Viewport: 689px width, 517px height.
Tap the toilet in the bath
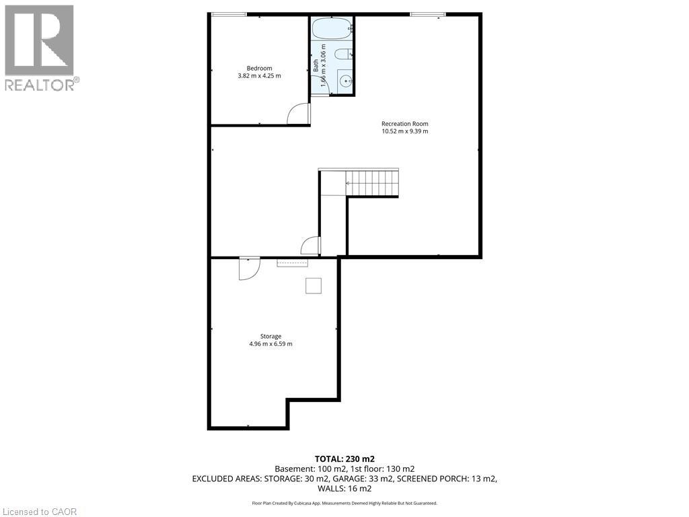coord(342,55)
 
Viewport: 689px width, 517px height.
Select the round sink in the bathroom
coord(345,81)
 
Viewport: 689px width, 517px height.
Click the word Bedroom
coord(259,68)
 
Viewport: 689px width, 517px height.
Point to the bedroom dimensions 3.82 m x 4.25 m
coord(259,76)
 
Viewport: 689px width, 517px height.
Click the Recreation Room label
coord(404,123)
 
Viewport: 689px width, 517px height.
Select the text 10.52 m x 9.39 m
coord(404,131)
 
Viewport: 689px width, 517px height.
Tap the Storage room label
coord(270,336)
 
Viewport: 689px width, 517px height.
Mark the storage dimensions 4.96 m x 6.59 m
coord(270,344)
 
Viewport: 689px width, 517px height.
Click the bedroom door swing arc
coord(297,115)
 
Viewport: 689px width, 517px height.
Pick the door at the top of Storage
coord(248,269)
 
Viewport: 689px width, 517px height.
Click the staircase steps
coord(372,182)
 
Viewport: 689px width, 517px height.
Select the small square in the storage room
coord(314,285)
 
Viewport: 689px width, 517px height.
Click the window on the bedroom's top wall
coord(228,14)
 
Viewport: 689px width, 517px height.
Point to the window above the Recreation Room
coord(428,14)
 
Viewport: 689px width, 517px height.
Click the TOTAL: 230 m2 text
coord(344,458)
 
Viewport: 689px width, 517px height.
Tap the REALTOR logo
coord(40,47)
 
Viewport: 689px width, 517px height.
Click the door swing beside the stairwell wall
coord(311,246)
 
